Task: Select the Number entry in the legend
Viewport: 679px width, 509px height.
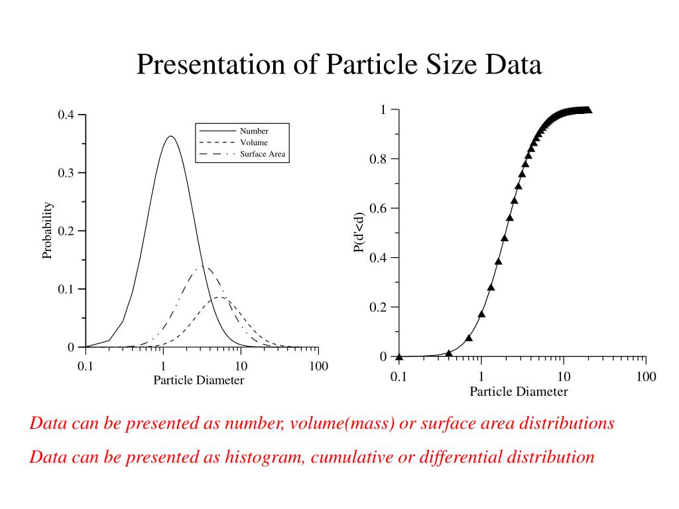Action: tap(254, 131)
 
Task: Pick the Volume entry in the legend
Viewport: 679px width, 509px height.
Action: tap(254, 142)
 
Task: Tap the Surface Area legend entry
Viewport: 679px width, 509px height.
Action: tap(263, 154)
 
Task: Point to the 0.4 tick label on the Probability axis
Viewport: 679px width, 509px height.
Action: tap(66, 115)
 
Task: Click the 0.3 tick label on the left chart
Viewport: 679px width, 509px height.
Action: tap(66, 173)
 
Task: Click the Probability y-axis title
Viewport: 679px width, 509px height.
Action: tap(47, 231)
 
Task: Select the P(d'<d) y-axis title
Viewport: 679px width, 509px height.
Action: tap(359, 233)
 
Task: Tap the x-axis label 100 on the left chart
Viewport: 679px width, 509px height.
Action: tap(318, 367)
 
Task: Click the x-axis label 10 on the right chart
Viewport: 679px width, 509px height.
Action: tap(564, 377)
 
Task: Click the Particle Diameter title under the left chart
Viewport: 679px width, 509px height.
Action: tap(198, 380)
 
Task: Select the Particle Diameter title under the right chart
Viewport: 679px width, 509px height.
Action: tap(519, 392)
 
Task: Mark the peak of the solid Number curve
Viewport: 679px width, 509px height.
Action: tap(170, 137)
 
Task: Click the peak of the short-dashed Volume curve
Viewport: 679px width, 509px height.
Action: tap(221, 298)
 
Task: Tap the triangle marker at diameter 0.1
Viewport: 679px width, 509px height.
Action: tap(399, 356)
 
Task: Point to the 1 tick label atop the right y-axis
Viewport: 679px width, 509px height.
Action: tap(383, 109)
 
